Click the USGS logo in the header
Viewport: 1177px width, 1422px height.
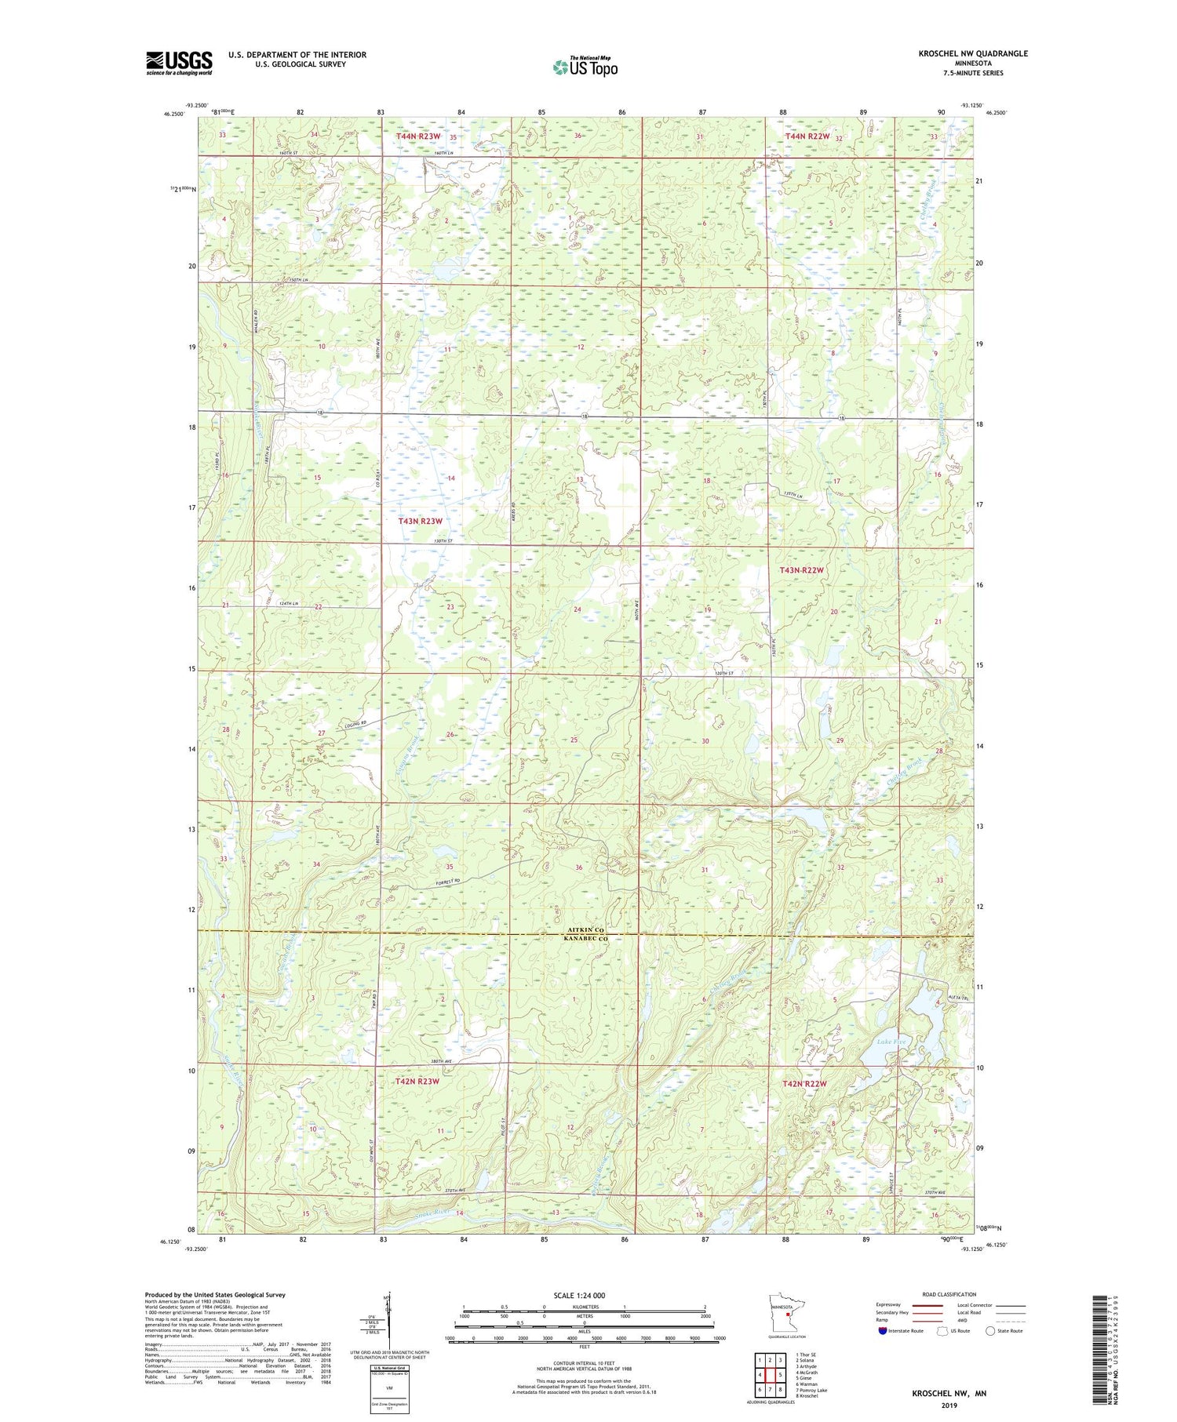(x=179, y=63)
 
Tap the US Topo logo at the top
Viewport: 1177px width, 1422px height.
(x=585, y=67)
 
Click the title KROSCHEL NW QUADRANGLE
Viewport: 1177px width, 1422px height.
(x=962, y=53)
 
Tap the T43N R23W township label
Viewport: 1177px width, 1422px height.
(x=421, y=521)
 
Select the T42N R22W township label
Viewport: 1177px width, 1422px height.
(x=804, y=1084)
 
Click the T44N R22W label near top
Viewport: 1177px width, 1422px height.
(x=807, y=136)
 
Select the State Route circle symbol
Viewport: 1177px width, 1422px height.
(x=990, y=1331)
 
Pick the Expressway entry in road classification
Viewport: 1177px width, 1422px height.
(x=891, y=1305)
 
